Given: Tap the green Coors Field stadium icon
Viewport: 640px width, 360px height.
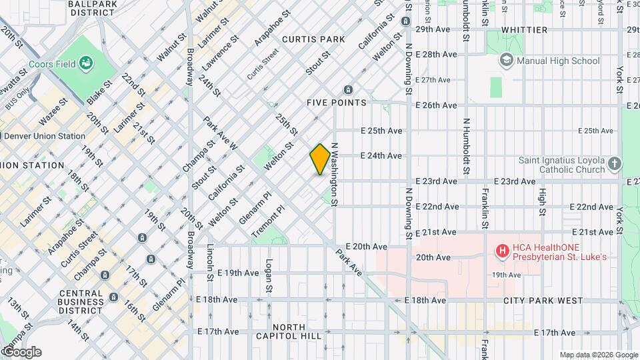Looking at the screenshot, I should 85,64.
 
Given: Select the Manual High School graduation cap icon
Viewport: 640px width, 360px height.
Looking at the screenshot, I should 507,61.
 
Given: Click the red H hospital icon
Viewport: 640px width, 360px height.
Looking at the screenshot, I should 502,251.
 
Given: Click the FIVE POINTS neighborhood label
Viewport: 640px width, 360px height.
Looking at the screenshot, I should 337,103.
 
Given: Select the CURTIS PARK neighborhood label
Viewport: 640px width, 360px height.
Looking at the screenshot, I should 313,39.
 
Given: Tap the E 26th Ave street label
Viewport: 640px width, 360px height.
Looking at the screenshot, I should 436,105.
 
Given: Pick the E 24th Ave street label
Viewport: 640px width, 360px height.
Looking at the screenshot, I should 381,155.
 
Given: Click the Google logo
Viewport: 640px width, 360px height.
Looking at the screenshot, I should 21,352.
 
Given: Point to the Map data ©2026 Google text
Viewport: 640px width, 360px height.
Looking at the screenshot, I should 598,355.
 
